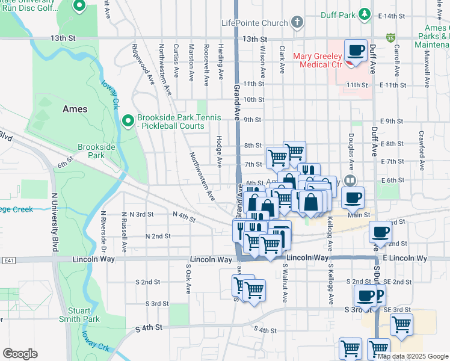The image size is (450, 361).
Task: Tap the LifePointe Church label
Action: pos(254,23)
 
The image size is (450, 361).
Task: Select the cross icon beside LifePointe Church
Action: pos(296,23)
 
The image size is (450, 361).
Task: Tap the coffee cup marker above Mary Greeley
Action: pos(356,51)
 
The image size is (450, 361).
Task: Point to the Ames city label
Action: pos(75,110)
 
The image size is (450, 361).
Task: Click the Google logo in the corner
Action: pos(20,354)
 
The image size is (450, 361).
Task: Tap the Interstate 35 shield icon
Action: pos(391,38)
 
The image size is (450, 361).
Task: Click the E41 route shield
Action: pos(8,260)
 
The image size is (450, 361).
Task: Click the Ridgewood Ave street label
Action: pos(143,63)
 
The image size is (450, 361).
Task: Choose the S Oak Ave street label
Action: pos(188,280)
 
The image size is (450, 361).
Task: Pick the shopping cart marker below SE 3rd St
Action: pos(401,324)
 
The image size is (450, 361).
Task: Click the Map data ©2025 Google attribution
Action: pos(413,356)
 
